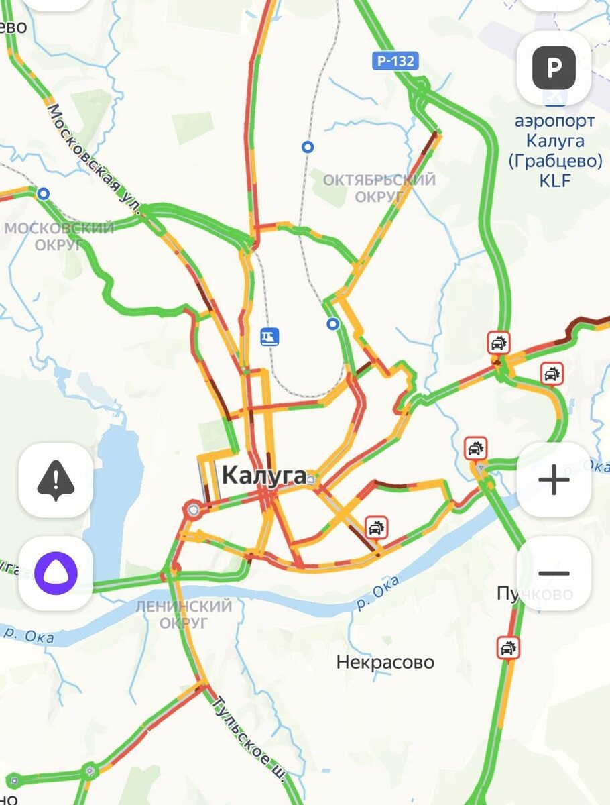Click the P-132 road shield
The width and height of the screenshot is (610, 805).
point(395,61)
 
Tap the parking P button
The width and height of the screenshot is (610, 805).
point(554,68)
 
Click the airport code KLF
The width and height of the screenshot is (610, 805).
point(554,180)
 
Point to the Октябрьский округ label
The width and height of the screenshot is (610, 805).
point(379,188)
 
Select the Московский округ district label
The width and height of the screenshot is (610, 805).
point(59,236)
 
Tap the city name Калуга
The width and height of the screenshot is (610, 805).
point(263,476)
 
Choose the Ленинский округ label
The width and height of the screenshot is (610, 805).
point(184,614)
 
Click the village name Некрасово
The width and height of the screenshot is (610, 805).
point(385,663)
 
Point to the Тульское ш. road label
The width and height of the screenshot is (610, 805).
point(248,738)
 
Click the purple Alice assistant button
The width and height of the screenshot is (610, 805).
point(56,574)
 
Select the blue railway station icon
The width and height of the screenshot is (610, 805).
point(270,336)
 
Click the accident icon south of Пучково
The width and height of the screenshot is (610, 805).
point(508,648)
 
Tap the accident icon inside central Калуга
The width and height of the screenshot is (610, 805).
point(376,527)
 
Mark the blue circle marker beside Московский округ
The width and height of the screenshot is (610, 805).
point(44,194)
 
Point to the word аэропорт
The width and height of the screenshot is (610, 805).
point(554,121)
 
